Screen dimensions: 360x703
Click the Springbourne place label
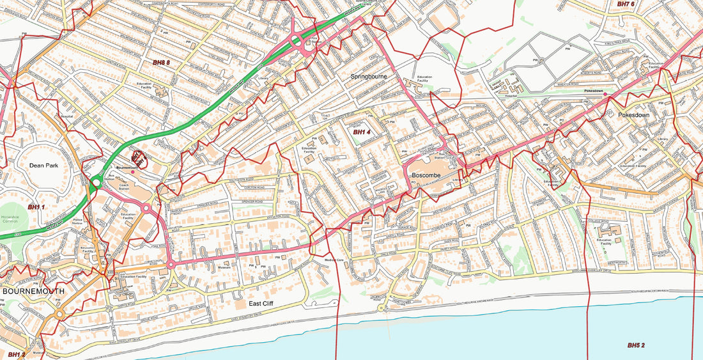click(369, 77)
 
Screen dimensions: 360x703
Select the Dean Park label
click(43, 165)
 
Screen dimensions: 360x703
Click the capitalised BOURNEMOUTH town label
click(33, 291)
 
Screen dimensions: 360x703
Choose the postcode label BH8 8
click(162, 63)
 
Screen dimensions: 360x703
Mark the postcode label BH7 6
click(626, 4)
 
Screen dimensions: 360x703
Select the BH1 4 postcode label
click(362, 132)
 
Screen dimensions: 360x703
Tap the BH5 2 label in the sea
click(635, 345)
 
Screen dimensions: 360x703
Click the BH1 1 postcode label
click(37, 207)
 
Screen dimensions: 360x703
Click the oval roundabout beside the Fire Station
click(298, 42)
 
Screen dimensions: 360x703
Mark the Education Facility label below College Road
click(604, 242)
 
